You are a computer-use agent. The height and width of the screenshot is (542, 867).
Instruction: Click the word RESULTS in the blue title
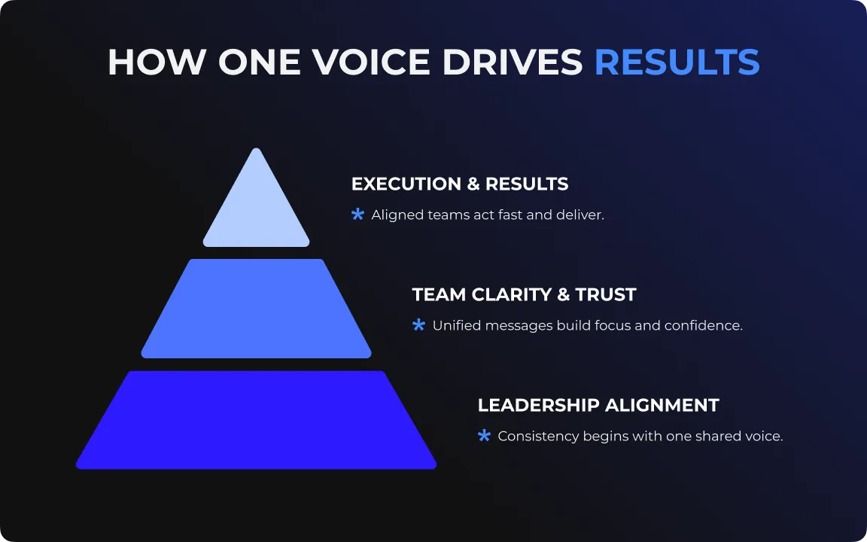[x=677, y=62]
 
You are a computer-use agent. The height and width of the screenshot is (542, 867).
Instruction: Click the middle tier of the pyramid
[x=256, y=309]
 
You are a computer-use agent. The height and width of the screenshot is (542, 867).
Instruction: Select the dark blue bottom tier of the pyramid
[x=256, y=420]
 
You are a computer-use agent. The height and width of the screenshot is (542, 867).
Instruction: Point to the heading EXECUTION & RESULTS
[x=460, y=184]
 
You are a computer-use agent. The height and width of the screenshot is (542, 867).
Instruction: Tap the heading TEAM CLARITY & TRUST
[x=524, y=295]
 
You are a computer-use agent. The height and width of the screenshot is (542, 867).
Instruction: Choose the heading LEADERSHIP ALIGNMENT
[x=598, y=406]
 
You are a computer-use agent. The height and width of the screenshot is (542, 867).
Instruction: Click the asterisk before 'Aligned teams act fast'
[x=358, y=215]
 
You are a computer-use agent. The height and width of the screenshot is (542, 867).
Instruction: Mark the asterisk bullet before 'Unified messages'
[x=419, y=325]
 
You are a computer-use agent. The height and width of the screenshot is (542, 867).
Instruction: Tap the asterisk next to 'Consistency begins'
[x=485, y=436]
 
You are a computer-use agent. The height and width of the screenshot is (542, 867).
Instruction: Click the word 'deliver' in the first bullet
[x=579, y=215]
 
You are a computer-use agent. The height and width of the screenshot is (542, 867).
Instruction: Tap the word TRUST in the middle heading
[x=606, y=295]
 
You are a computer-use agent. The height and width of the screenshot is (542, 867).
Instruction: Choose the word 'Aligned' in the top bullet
[x=397, y=215]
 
